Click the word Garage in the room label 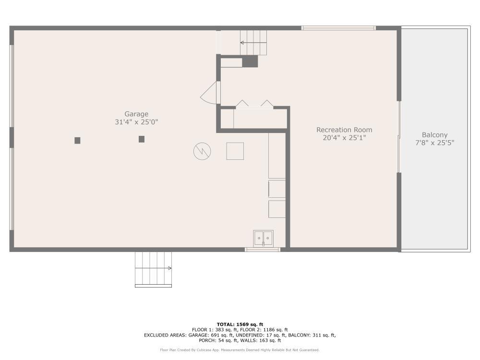pyautogui.click(x=136, y=114)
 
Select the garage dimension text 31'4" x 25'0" pyautogui.click(x=136, y=122)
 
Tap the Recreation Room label pyautogui.click(x=344, y=130)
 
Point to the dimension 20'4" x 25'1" pyautogui.click(x=344, y=138)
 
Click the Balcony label pyautogui.click(x=434, y=135)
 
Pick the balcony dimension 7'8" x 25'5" pyautogui.click(x=434, y=143)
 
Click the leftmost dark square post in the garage pyautogui.click(x=77, y=141)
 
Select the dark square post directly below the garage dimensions pyautogui.click(x=142, y=139)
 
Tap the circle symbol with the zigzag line pyautogui.click(x=202, y=152)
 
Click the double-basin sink pyautogui.click(x=263, y=238)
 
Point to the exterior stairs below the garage pyautogui.click(x=153, y=269)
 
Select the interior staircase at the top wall pyautogui.click(x=253, y=42)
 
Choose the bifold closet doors pyautogui.click(x=254, y=104)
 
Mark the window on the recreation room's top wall pyautogui.click(x=338, y=28)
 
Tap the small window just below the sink pyautogui.click(x=263, y=250)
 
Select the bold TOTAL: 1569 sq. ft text pyautogui.click(x=240, y=324)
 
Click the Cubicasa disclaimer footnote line pyautogui.click(x=240, y=350)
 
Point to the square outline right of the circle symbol pyautogui.click(x=235, y=151)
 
